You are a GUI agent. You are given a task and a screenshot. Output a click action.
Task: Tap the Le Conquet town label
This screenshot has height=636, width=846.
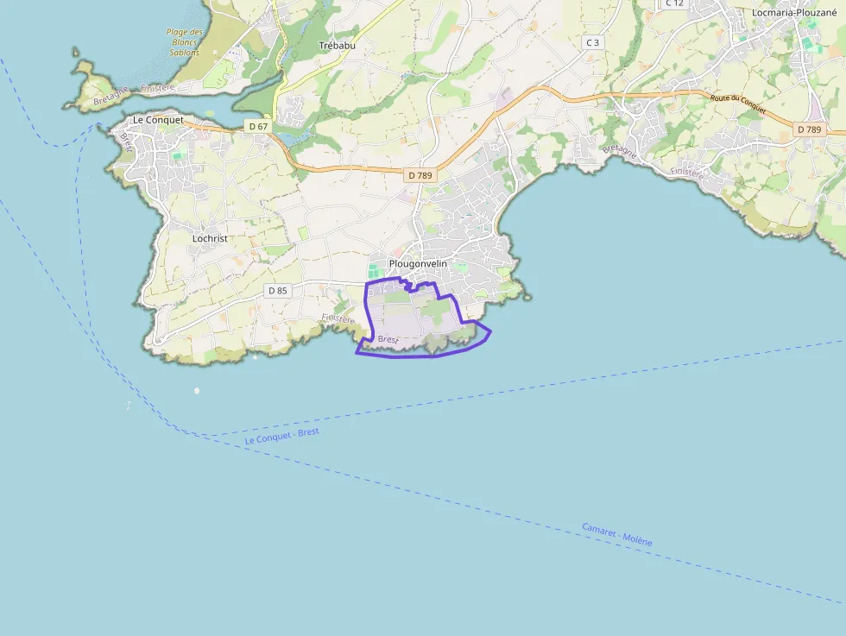(158, 120)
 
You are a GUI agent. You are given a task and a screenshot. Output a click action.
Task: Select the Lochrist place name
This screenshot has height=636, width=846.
(210, 237)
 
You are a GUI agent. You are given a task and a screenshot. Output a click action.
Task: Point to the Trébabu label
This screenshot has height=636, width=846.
(337, 45)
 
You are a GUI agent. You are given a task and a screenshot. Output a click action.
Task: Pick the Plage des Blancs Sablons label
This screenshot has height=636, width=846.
(184, 42)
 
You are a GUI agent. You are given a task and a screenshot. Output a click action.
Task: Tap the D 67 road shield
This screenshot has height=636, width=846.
(257, 126)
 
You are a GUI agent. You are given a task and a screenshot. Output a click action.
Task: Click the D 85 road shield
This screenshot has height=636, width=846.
(277, 291)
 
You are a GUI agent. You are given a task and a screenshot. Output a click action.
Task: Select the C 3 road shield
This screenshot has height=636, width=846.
(592, 42)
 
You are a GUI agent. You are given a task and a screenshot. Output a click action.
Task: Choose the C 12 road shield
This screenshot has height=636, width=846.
(674, 3)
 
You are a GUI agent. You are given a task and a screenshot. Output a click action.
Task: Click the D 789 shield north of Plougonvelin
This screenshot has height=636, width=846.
(420, 175)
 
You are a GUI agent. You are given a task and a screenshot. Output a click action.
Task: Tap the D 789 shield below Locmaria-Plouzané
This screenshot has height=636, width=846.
(810, 129)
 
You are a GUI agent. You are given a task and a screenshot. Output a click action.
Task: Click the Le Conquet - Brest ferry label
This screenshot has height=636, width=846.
(281, 436)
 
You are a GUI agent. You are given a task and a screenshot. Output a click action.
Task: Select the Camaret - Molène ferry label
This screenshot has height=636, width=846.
(616, 534)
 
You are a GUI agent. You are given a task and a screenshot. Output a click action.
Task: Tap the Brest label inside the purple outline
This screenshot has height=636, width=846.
(388, 339)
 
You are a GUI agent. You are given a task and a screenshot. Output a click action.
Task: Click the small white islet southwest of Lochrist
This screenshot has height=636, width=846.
(197, 391)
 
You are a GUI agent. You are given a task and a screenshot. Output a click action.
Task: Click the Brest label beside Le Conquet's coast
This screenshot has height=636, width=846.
(128, 142)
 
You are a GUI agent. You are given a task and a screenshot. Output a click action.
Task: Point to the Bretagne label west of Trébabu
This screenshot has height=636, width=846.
(111, 96)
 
